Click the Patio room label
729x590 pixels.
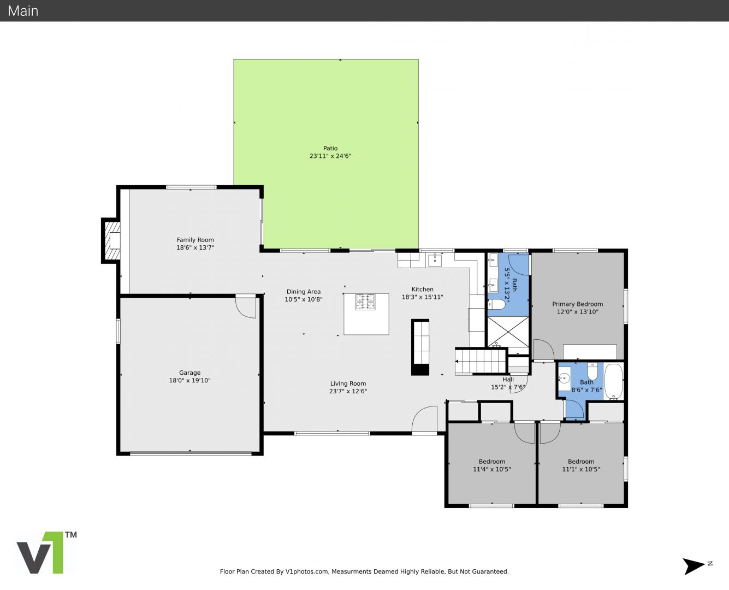(330, 148)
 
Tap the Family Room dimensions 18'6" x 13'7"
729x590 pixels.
(195, 247)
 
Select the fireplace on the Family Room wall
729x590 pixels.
(111, 241)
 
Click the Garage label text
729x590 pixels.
(189, 373)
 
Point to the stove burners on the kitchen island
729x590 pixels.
(365, 302)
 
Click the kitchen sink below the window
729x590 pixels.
(435, 260)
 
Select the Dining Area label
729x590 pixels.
(304, 292)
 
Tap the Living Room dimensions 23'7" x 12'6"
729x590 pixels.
(348, 391)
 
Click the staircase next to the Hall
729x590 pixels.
(481, 361)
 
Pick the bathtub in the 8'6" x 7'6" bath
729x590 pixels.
(614, 382)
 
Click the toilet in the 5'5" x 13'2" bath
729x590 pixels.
(496, 304)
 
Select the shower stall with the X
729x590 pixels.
(508, 332)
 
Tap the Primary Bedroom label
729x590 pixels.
(577, 304)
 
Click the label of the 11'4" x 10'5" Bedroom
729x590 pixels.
(492, 462)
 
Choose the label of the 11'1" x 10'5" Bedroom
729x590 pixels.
(581, 462)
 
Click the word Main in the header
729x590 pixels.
(23, 11)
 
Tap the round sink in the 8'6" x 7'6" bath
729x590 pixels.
(564, 379)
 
